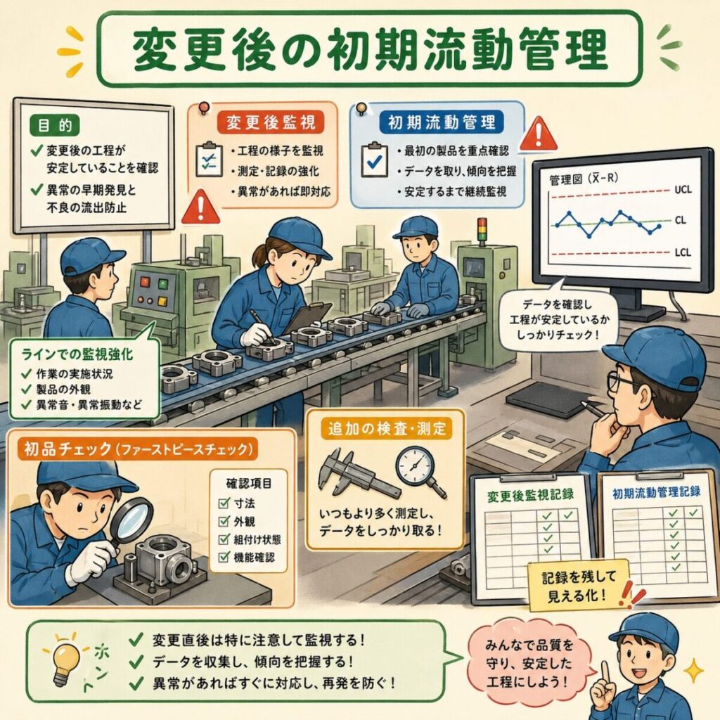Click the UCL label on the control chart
683,189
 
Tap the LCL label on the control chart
683,252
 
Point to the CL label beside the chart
680,220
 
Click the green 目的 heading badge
55,125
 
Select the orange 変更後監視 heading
271,122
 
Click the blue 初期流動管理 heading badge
442,122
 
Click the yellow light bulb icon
67,660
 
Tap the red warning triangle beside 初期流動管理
539,134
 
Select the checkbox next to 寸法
224,503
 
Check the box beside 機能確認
224,557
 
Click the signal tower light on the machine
482,229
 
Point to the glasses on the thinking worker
622,381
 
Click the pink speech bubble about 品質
529,662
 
